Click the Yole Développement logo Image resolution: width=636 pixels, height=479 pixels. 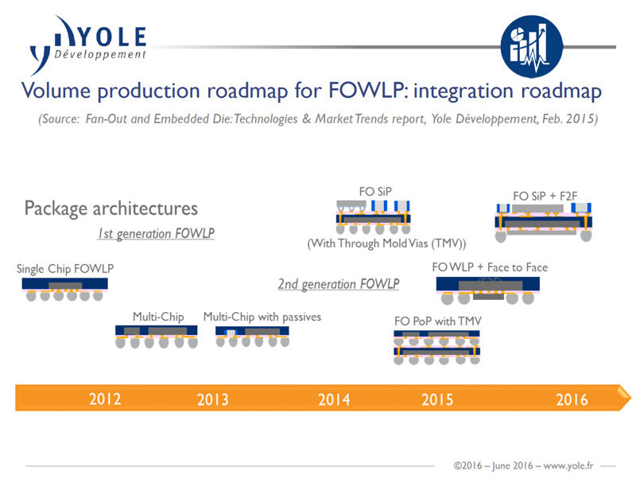[x=87, y=45]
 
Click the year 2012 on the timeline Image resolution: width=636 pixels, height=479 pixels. [x=105, y=398]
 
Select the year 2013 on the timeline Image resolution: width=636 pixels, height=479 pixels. [x=213, y=399]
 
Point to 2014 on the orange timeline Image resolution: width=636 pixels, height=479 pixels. [x=334, y=399]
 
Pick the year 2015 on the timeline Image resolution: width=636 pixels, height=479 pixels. [x=437, y=399]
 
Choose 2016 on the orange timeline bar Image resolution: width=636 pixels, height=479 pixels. [x=572, y=399]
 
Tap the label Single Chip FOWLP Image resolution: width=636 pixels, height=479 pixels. [x=65, y=269]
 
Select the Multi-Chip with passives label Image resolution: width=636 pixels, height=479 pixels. [x=262, y=317]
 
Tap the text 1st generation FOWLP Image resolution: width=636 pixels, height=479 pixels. [x=156, y=234]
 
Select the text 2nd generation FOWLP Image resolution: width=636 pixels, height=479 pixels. [x=339, y=284]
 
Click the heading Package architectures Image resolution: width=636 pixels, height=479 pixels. [x=111, y=208]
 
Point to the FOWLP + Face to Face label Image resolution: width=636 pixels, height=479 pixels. [x=490, y=267]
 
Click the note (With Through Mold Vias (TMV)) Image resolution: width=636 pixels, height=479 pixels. [x=386, y=243]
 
